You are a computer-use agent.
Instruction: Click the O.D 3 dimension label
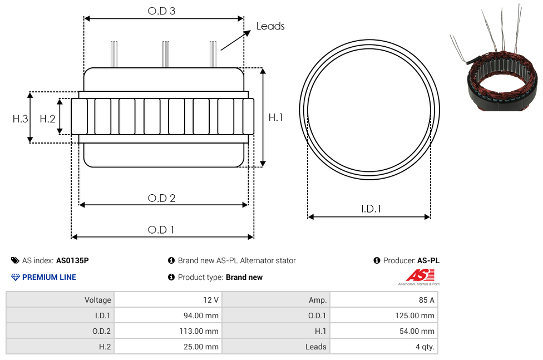(x=161, y=11)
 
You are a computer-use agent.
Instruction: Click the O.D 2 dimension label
(x=161, y=198)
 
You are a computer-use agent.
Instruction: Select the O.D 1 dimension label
(x=161, y=230)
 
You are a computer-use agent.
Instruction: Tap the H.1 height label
(x=275, y=117)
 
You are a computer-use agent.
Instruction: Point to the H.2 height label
(x=47, y=119)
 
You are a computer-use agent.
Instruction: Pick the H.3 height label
(x=20, y=119)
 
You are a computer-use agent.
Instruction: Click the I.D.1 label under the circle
(x=371, y=209)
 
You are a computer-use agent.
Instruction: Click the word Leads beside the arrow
(x=270, y=26)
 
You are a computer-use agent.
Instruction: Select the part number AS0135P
(x=72, y=260)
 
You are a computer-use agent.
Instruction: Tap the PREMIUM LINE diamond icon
(x=15, y=277)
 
